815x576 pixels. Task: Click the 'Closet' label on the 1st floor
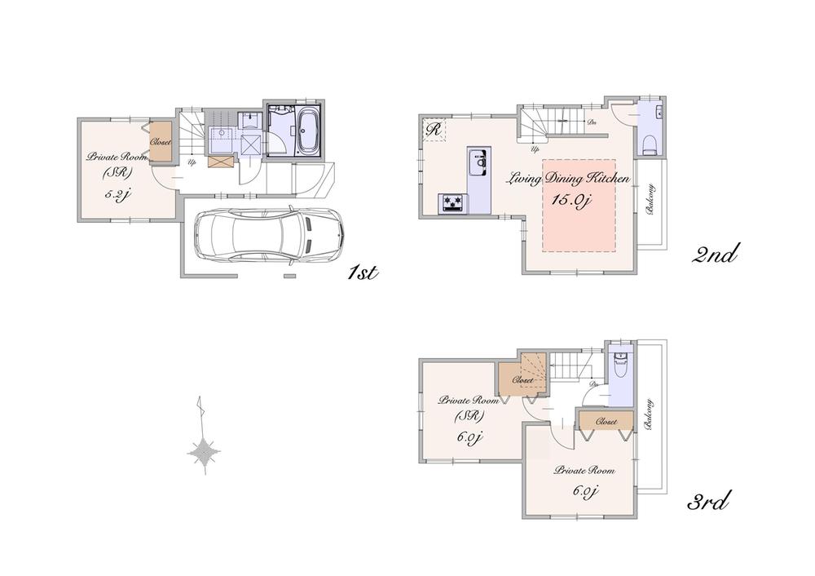(x=161, y=142)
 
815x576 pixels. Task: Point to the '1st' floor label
(x=362, y=272)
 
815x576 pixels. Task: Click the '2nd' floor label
(x=715, y=255)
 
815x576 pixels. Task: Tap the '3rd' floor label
(x=707, y=500)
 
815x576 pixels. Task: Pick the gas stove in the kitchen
(x=452, y=203)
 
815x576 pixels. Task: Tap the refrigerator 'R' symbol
(x=433, y=129)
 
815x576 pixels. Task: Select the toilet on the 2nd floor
(x=650, y=145)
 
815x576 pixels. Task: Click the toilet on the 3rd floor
(x=619, y=367)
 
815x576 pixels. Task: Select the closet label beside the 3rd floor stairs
(x=522, y=380)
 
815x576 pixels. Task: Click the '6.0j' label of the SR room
(x=470, y=437)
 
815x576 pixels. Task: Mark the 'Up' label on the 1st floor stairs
(x=192, y=162)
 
